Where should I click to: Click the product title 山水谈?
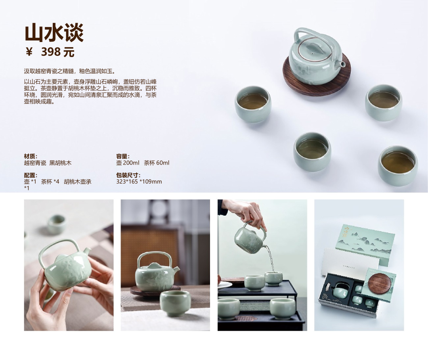[x=54, y=33]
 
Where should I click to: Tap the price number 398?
[x=51, y=52]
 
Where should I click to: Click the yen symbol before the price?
[x=29, y=52]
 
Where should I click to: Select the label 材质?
[x=31, y=156]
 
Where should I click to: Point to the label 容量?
[x=123, y=156]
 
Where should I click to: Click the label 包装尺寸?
[x=128, y=175]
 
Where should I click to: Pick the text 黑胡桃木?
[x=60, y=163]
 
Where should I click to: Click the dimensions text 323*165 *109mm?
[x=139, y=182]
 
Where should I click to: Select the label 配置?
[x=31, y=175]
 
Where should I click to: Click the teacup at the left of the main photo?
[x=253, y=104]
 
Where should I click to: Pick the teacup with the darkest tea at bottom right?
[x=398, y=166]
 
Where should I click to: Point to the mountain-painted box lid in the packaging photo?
[x=365, y=245]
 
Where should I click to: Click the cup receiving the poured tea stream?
[x=273, y=278]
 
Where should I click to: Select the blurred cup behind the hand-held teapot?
[x=57, y=224]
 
